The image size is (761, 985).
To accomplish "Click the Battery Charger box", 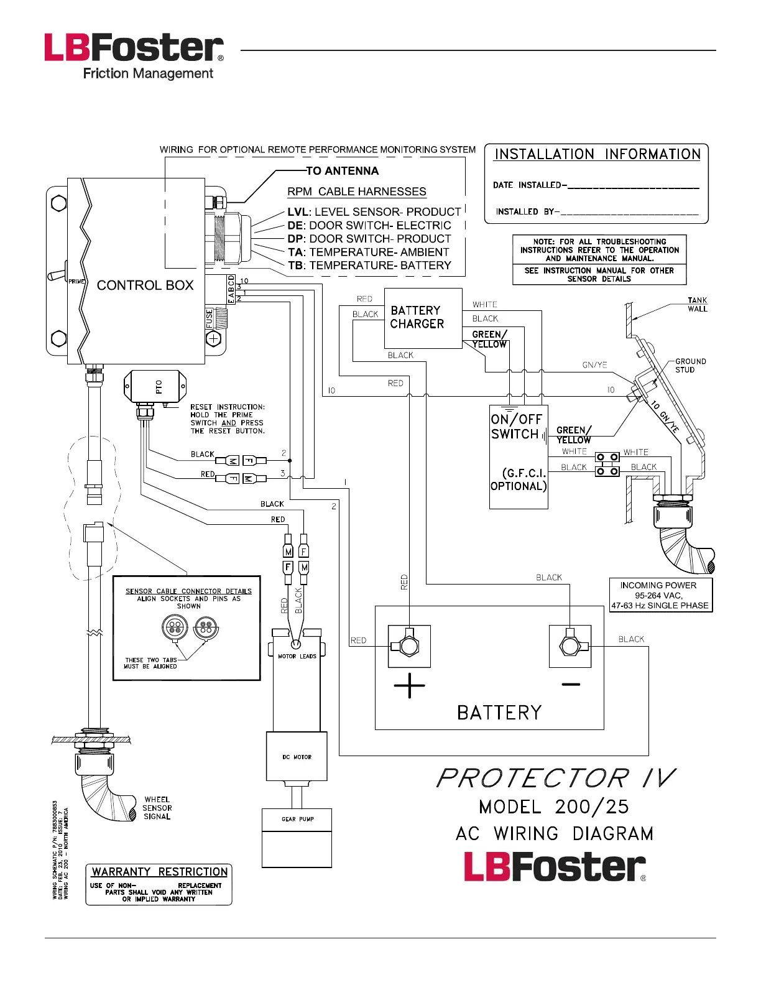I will click(x=423, y=317).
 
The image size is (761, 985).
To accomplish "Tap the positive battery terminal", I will click(x=409, y=646).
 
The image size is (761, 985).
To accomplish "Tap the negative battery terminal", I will click(x=570, y=646).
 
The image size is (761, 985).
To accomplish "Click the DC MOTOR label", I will click(x=297, y=757).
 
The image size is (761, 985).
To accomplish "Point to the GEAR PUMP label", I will click(x=297, y=819).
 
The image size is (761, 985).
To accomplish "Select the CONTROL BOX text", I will click(x=145, y=285).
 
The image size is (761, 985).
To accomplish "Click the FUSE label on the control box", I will click(x=210, y=318).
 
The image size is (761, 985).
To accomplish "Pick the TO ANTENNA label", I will click(x=342, y=171).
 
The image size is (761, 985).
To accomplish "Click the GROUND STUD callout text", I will click(x=690, y=366).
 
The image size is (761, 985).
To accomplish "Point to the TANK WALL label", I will click(x=697, y=305).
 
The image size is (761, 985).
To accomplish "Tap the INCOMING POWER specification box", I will click(x=660, y=596).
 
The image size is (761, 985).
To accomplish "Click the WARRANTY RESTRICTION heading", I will click(x=159, y=872).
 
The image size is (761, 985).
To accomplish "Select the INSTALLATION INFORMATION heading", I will click(x=597, y=154).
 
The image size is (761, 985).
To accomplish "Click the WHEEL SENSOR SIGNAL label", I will click(x=157, y=808).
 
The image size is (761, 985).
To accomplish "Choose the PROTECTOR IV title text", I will click(x=555, y=778).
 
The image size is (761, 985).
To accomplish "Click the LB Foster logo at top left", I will click(x=134, y=57).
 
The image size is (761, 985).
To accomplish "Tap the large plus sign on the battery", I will click(x=409, y=686).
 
